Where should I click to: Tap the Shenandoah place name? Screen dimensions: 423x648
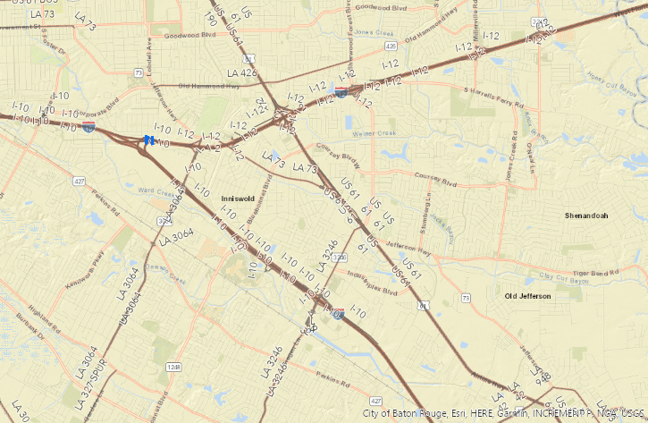(586, 216)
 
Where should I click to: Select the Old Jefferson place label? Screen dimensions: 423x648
(524, 295)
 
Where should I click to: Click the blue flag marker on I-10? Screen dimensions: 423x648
(147, 140)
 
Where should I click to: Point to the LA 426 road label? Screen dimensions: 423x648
(241, 73)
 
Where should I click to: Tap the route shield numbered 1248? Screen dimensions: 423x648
(173, 367)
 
